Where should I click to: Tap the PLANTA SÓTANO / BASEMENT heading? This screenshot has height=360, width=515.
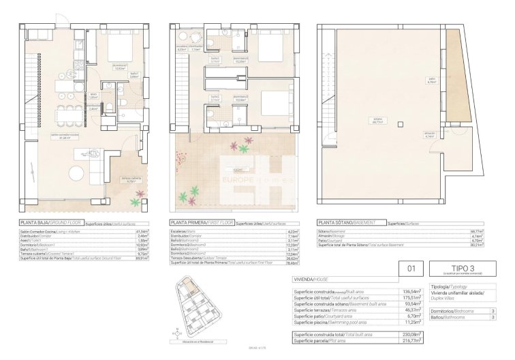coord(349,222)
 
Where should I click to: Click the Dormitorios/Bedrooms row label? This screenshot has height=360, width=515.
coord(450,311)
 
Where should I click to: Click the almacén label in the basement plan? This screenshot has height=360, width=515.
coord(448,134)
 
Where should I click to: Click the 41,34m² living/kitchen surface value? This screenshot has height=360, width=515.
coord(142,231)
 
